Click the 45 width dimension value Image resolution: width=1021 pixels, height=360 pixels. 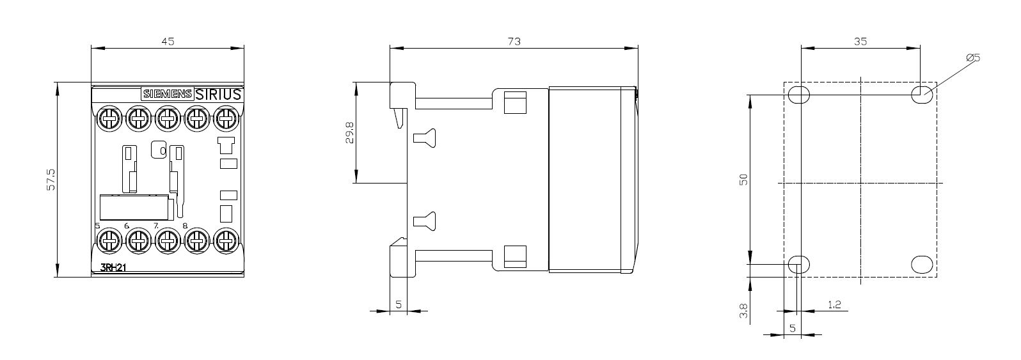click(x=168, y=41)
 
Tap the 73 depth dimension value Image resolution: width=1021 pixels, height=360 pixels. click(x=514, y=41)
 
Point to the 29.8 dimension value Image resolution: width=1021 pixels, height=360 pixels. click(x=349, y=132)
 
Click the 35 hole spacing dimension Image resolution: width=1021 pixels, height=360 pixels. click(x=860, y=41)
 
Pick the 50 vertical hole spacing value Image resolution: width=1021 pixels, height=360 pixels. click(x=743, y=180)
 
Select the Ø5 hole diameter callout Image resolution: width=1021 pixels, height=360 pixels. click(x=972, y=58)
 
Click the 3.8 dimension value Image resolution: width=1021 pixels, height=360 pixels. click(x=743, y=311)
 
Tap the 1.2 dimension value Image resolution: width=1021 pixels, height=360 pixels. click(x=834, y=304)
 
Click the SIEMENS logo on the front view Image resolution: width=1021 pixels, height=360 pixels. click(x=167, y=94)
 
